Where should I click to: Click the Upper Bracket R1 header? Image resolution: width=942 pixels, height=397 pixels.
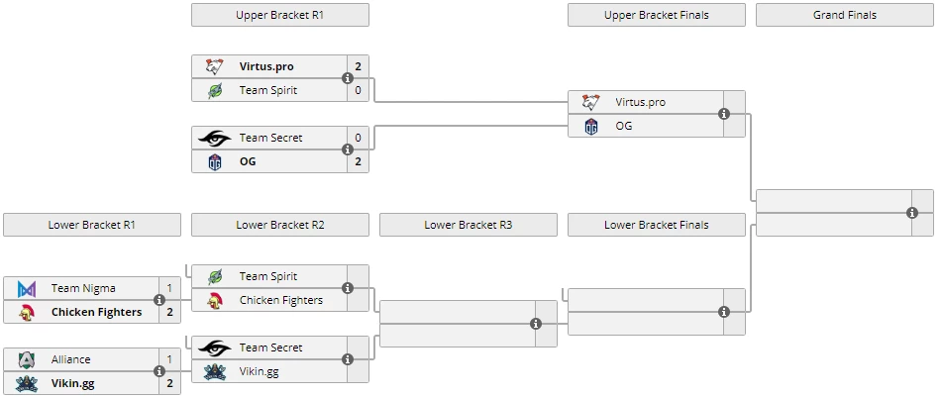tap(279, 15)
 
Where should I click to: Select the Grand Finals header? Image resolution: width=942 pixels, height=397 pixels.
tap(844, 15)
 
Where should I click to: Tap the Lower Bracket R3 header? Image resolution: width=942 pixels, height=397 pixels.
tap(468, 225)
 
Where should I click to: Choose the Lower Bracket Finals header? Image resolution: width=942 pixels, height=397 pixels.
tap(656, 225)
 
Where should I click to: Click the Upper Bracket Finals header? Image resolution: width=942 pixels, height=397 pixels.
tap(656, 15)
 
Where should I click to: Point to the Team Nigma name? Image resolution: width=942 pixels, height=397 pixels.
tap(83, 288)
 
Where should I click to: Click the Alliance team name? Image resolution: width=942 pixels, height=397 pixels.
tap(70, 359)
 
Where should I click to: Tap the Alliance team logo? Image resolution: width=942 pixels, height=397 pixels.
tap(27, 359)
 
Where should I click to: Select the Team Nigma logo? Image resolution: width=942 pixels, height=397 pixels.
tap(27, 288)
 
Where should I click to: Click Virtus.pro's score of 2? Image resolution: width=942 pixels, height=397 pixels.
tap(358, 66)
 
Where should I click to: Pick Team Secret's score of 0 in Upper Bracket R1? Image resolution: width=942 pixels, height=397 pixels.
tap(358, 138)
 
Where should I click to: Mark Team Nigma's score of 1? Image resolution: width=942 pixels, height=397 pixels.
tap(169, 288)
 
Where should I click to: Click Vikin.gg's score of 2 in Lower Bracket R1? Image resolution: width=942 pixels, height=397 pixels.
tap(169, 383)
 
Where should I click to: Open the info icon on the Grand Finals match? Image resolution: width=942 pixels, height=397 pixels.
tap(912, 213)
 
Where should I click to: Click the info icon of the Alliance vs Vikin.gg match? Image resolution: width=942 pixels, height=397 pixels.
tap(159, 371)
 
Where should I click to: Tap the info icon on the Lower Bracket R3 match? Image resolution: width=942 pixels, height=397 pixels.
tap(536, 324)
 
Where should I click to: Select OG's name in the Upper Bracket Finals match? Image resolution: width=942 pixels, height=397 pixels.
tap(623, 126)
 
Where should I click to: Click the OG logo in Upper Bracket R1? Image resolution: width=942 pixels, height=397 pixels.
tap(215, 161)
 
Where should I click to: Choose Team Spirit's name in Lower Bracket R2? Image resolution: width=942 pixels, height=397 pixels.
tap(267, 276)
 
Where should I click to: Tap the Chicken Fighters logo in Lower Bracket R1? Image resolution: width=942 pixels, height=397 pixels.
tap(27, 312)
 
